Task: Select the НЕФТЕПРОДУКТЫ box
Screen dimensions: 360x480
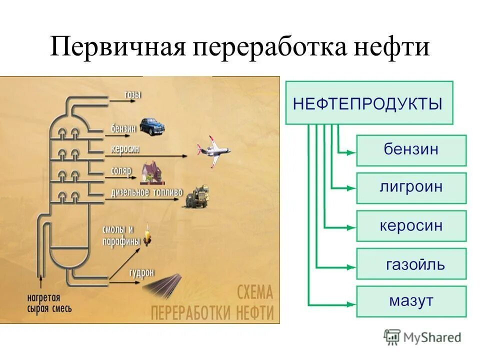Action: click(x=368, y=103)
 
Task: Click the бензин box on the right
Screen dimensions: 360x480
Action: click(x=411, y=150)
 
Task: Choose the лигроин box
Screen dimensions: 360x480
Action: click(x=411, y=188)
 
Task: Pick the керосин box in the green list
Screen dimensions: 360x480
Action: click(x=411, y=226)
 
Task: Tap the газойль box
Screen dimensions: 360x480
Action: click(x=411, y=264)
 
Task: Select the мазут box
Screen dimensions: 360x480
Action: click(x=411, y=301)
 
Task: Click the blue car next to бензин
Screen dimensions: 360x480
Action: click(x=151, y=126)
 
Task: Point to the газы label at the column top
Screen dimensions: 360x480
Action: click(x=133, y=93)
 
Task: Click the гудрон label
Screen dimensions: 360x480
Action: click(x=141, y=272)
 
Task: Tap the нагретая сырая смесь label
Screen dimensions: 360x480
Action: click(x=49, y=303)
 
